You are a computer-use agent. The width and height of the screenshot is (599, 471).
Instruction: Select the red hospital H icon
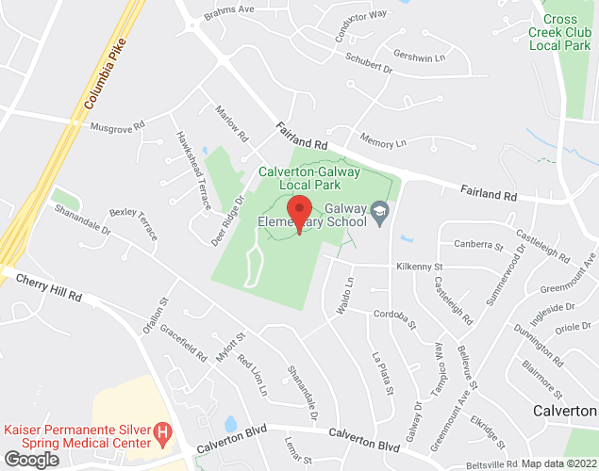(163, 434)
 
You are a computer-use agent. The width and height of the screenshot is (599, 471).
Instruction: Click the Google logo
(30, 459)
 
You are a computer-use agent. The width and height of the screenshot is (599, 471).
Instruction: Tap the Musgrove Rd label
(117, 124)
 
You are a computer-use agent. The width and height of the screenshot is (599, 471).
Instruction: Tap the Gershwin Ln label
(419, 57)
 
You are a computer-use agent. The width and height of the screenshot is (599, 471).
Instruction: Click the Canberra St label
(479, 246)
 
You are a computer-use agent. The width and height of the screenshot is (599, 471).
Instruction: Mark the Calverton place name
(564, 412)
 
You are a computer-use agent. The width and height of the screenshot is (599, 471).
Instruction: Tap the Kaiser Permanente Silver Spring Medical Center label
(77, 435)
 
